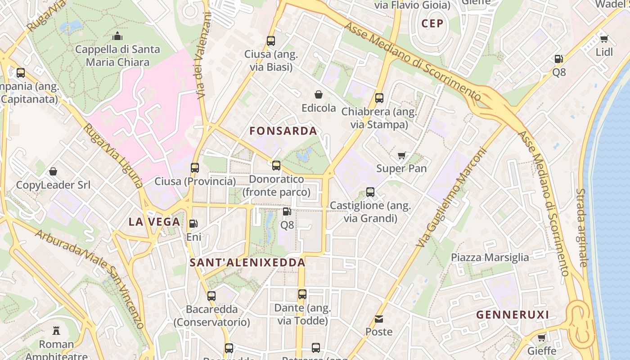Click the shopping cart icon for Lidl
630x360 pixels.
(x=604, y=39)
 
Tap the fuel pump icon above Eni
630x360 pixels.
(x=193, y=223)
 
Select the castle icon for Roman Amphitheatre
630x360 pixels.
(x=56, y=331)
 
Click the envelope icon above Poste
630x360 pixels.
(x=379, y=319)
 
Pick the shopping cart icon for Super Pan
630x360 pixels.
(x=401, y=155)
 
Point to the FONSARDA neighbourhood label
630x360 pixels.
(x=283, y=131)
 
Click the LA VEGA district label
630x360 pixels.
(x=154, y=222)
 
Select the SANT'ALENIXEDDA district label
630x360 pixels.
(x=247, y=262)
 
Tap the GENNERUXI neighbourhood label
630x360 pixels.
(x=513, y=315)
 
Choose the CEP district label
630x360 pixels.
(x=432, y=23)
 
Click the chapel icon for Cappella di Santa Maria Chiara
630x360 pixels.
(x=117, y=36)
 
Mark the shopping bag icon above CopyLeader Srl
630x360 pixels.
(x=53, y=171)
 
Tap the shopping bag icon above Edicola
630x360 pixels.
(x=319, y=94)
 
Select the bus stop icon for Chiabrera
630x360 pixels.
(x=379, y=98)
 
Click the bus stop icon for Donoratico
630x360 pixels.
(x=276, y=165)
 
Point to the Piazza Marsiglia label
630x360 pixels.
(x=490, y=257)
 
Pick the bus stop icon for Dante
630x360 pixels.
(x=302, y=294)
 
